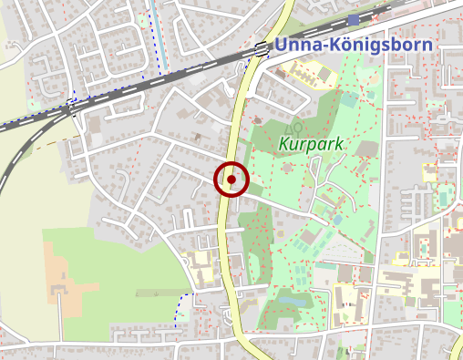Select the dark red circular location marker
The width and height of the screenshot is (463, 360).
(231, 180)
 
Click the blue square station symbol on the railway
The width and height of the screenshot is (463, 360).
(353, 19)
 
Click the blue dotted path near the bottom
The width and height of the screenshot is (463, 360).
(179, 310)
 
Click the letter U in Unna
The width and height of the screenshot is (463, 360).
(281, 46)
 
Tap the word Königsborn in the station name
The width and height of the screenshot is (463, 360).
(376, 46)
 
